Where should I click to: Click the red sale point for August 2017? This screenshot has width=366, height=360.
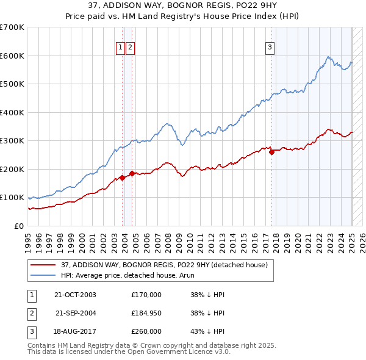[271, 153]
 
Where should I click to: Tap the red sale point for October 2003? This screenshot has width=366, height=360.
[123, 178]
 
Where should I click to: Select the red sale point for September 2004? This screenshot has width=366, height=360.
[132, 173]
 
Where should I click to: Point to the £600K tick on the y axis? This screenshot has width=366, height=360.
[13, 56]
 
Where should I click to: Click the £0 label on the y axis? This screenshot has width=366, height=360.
[20, 226]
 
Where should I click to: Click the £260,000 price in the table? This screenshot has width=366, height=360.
[146, 331]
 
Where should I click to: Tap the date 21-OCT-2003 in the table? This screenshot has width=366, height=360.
[75, 294]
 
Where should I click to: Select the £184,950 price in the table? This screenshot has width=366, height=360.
[146, 313]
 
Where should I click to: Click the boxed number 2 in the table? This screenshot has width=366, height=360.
[30, 313]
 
